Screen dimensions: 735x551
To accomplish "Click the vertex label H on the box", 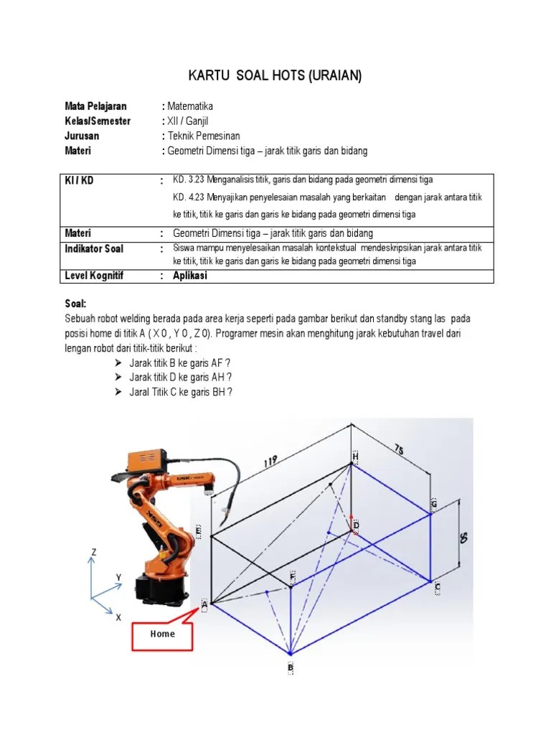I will pyautogui.click(x=354, y=457).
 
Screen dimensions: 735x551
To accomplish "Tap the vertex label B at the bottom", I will pyautogui.click(x=291, y=668).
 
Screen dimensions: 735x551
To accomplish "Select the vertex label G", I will pyautogui.click(x=433, y=504).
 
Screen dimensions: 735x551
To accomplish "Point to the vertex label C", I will pyautogui.click(x=437, y=587).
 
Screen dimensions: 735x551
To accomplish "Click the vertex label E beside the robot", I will pyautogui.click(x=199, y=532).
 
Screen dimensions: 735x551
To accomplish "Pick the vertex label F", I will pyautogui.click(x=292, y=576).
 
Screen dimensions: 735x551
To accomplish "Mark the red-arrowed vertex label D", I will pyautogui.click(x=356, y=526).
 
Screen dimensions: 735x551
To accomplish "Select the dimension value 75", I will pyautogui.click(x=398, y=451).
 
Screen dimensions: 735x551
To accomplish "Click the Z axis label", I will pyautogui.click(x=93, y=551).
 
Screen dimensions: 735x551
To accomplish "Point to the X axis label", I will pyautogui.click(x=118, y=617).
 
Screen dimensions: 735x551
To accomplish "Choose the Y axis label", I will pyautogui.click(x=118, y=578).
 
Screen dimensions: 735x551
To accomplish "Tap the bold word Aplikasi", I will pyautogui.click(x=190, y=276).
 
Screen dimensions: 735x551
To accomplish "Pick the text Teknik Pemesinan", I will pyautogui.click(x=204, y=136).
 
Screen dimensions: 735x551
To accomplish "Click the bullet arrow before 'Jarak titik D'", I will pyautogui.click(x=118, y=377).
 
